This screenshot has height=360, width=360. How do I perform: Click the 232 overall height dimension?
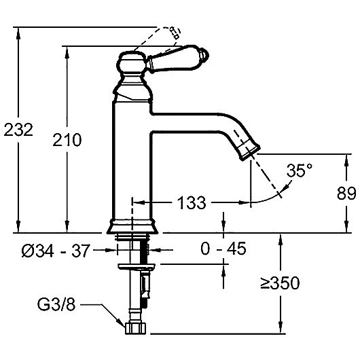coord(18,130)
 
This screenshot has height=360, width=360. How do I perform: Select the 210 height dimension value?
coord(67,140)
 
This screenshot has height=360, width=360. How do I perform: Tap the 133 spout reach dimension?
coord(192,202)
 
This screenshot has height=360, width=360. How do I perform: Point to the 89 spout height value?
coord(346,193)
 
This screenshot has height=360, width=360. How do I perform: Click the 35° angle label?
coord(300,170)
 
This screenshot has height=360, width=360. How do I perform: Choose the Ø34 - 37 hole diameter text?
coord(55,251)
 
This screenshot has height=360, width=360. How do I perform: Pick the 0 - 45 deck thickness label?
coord(223,248)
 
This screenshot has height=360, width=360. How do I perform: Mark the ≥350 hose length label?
coord(280,283)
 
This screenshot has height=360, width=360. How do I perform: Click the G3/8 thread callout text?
coord(56,305)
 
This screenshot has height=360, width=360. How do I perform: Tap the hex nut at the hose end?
coord(135,328)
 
